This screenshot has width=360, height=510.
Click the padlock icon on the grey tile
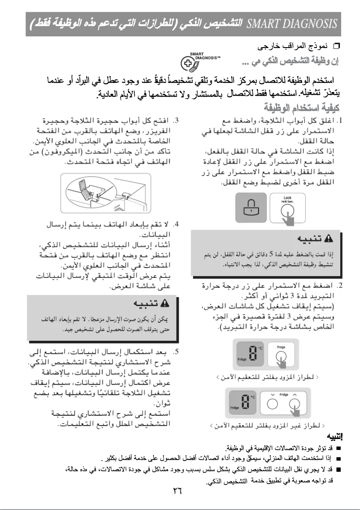[249, 207]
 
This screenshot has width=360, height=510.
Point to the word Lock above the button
[287, 198]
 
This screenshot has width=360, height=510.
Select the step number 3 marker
[177, 120]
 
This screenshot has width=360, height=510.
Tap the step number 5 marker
[177, 350]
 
